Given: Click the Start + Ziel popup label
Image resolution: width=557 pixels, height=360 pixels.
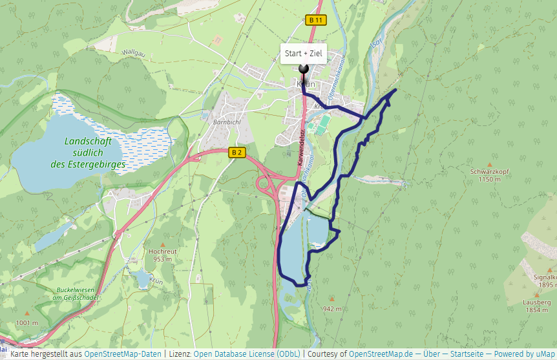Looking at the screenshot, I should [303, 54].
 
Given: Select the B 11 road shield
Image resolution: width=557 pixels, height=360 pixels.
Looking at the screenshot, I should [315, 20].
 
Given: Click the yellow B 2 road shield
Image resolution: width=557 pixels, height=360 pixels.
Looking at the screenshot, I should [237, 153].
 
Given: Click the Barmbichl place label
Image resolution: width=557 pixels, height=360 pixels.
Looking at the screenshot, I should [226, 121].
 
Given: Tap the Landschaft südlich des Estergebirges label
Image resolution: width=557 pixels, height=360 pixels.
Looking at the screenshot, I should [88, 153].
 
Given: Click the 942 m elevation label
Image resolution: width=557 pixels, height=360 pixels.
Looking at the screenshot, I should [332, 309].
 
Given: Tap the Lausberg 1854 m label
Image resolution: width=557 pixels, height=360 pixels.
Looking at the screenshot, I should [537, 306].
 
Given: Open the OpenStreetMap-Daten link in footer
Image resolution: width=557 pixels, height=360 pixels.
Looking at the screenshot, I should [122, 354].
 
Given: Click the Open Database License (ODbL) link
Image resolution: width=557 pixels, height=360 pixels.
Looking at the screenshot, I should [247, 354].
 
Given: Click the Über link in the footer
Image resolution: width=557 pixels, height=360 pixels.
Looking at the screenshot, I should [432, 354].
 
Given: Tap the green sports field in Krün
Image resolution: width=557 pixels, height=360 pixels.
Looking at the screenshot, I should [319, 125].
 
